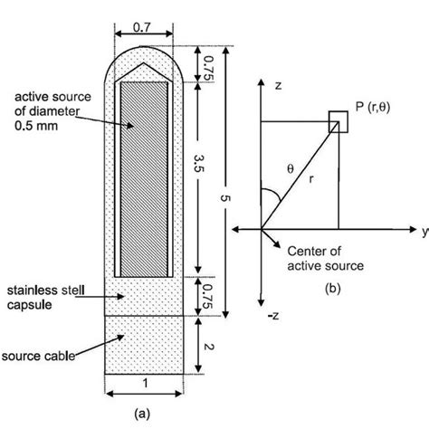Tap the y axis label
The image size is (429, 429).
(424, 232)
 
